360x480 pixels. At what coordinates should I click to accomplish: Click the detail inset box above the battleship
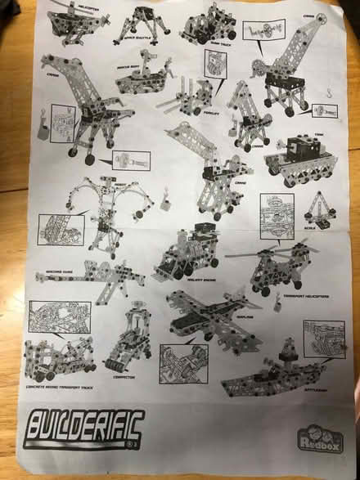(x=317, y=335)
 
